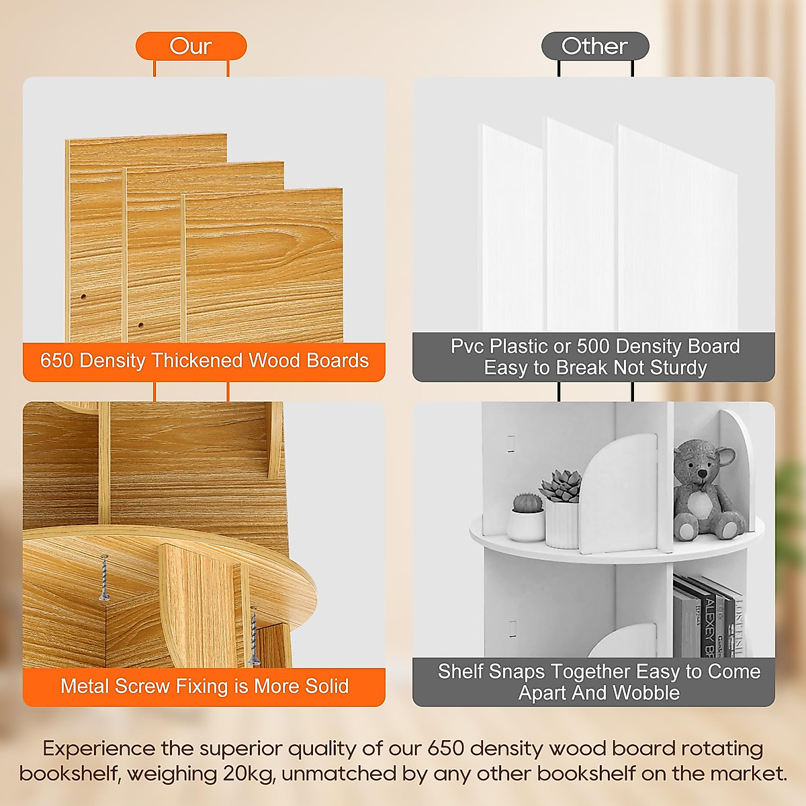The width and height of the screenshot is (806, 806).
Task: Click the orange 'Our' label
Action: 191,46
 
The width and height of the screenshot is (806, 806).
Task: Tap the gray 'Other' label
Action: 594,46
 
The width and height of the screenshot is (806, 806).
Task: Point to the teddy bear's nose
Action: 701,474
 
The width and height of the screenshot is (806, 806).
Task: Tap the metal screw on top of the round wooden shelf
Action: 104,578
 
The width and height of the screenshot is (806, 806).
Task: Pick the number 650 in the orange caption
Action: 56,361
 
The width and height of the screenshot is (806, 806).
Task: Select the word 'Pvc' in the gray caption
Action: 467,347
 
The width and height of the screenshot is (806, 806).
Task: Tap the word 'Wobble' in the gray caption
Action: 647,693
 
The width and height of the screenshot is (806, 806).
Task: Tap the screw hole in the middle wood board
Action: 141,326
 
